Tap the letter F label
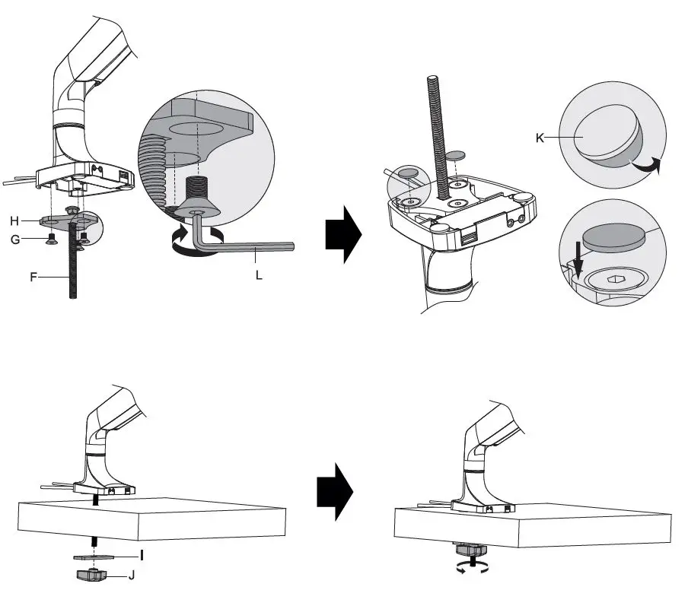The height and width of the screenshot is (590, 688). click(x=34, y=278)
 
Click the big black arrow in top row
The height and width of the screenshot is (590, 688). click(x=342, y=232)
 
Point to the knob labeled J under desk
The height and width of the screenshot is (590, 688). click(x=94, y=576)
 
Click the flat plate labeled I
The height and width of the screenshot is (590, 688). click(x=94, y=557)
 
